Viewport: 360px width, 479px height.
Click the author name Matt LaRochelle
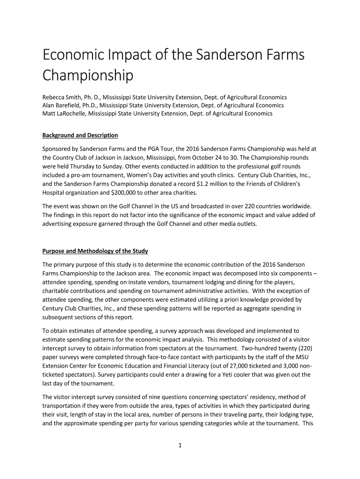[63, 113]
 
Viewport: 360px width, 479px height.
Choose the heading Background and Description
[80, 135]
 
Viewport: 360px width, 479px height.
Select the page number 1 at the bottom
[180, 445]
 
